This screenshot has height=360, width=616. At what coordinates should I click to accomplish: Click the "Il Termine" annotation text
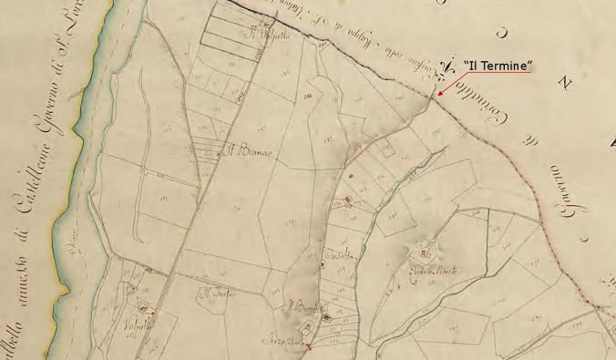[498, 67]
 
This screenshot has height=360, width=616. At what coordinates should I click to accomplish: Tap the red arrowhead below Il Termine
[438, 94]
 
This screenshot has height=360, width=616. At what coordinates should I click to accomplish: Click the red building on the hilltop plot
[425, 247]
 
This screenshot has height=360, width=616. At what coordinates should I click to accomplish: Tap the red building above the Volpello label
[142, 310]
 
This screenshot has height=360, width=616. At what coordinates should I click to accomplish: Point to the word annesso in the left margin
[26, 274]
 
